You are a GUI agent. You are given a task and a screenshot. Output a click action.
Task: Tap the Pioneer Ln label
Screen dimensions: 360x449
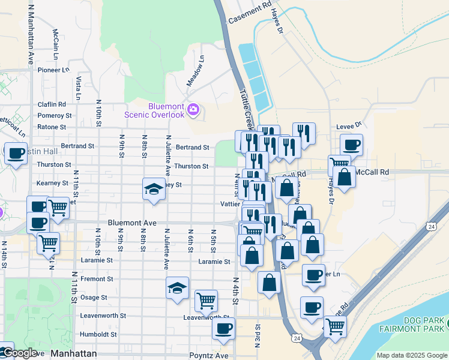[x=53, y=70]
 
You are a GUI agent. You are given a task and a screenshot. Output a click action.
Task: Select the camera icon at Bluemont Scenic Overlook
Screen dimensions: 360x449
[x=193, y=110]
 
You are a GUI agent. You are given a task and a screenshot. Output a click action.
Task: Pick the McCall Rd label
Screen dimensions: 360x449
[x=372, y=172]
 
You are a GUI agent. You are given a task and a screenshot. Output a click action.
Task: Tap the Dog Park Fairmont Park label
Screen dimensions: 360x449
[x=413, y=325]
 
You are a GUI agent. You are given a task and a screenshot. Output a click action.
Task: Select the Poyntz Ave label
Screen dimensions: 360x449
[x=209, y=355]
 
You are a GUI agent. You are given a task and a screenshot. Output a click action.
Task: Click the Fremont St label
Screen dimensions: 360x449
[x=97, y=279]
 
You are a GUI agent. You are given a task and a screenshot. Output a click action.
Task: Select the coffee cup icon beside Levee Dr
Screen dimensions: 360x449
[x=351, y=145]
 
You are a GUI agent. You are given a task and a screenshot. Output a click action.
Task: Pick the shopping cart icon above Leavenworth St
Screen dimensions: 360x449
[x=206, y=300]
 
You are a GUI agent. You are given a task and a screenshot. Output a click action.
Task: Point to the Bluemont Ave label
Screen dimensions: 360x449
[x=132, y=223]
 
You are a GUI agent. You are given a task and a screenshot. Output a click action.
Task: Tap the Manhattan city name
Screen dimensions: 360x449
[x=73, y=354]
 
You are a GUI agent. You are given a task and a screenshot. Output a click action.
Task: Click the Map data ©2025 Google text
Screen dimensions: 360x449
[x=411, y=355]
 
